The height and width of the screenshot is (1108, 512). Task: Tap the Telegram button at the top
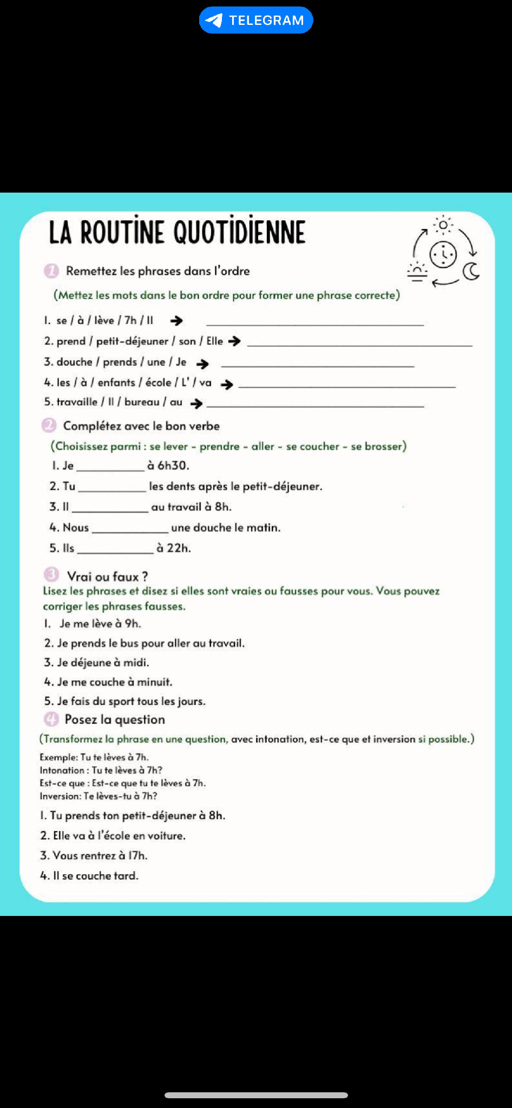(x=256, y=20)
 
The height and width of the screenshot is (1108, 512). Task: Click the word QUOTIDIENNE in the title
(x=239, y=232)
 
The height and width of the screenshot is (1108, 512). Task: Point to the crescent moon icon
(x=471, y=272)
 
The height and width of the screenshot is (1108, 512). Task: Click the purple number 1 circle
(x=51, y=271)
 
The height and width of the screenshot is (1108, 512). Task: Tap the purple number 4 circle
(x=51, y=720)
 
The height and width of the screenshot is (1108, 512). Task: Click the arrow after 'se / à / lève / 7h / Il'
(x=176, y=321)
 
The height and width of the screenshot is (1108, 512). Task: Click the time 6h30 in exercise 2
(x=173, y=465)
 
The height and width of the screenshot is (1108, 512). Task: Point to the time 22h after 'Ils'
(x=179, y=548)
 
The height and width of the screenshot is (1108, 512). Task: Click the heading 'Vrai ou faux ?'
(x=107, y=576)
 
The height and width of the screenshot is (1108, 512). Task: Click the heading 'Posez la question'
(x=115, y=720)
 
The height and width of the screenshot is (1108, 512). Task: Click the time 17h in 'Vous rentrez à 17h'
(x=137, y=855)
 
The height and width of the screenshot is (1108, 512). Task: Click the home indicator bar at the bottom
(x=256, y=1095)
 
